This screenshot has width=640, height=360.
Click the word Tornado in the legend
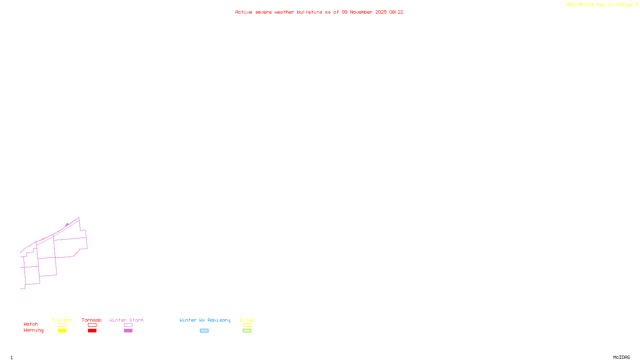pyautogui.click(x=92, y=320)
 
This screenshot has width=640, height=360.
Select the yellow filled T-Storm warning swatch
pyautogui.click(x=62, y=331)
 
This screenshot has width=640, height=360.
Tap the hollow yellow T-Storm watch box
pyautogui.click(x=62, y=325)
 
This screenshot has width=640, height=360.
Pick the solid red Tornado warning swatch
pyautogui.click(x=92, y=331)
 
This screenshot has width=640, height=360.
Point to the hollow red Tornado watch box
pyautogui.click(x=92, y=325)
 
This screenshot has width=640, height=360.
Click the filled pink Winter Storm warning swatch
pyautogui.click(x=128, y=331)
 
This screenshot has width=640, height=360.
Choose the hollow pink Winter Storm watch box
pyautogui.click(x=128, y=325)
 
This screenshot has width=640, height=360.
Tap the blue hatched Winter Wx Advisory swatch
pyautogui.click(x=204, y=331)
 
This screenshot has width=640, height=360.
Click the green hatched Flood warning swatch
pyautogui.click(x=247, y=331)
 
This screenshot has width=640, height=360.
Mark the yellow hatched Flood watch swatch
pyautogui.click(x=247, y=325)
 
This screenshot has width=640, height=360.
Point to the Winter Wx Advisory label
pyautogui.click(x=205, y=320)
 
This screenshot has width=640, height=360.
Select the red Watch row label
pyautogui.click(x=31, y=324)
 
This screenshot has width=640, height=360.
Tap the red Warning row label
pyautogui.click(x=33, y=330)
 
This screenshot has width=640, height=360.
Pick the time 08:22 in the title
pyautogui.click(x=396, y=12)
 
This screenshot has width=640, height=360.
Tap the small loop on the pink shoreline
pyautogui.click(x=67, y=224)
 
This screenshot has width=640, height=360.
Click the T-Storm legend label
pyautogui.click(x=62, y=320)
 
